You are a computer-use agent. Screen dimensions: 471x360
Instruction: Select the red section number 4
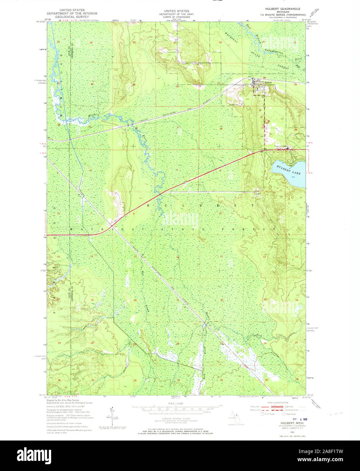(177, 169)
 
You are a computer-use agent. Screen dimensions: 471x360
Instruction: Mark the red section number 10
(220, 213)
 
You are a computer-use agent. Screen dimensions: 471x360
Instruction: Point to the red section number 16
(177, 257)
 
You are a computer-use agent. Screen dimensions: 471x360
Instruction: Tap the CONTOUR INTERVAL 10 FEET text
(176, 418)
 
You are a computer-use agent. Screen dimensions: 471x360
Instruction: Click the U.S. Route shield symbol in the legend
(262, 414)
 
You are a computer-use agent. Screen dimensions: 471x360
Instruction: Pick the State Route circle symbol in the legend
(284, 414)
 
